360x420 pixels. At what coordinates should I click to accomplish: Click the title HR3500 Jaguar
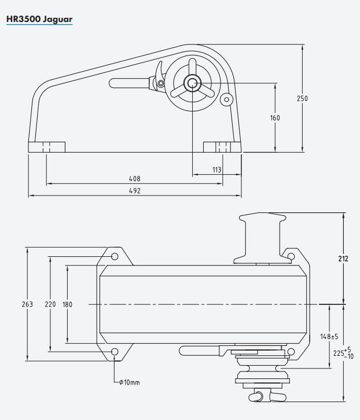pyautogui.click(x=39, y=19)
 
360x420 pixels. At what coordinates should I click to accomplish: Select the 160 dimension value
pyautogui.click(x=275, y=118)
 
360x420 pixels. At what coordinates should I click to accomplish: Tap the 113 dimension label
pyautogui.click(x=217, y=170)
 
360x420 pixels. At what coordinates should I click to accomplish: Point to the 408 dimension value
pyautogui.click(x=134, y=179)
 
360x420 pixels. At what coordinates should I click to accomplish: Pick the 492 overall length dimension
pyautogui.click(x=134, y=191)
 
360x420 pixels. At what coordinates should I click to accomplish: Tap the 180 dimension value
pyautogui.click(x=68, y=304)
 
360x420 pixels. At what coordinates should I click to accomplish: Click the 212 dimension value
pyautogui.click(x=343, y=259)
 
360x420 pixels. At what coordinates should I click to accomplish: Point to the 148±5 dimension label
pyautogui.click(x=329, y=336)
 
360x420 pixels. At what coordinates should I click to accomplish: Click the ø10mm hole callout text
pyautogui.click(x=130, y=382)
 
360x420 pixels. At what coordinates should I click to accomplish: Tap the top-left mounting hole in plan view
pyautogui.click(x=115, y=256)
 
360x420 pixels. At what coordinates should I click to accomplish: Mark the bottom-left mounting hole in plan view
pyautogui.click(x=115, y=352)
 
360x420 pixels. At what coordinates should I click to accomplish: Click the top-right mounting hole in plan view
pyautogui.click(x=291, y=255)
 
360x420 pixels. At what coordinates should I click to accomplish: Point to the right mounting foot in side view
pyautogui.click(x=222, y=147)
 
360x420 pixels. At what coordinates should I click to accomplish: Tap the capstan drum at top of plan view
pyautogui.click(x=262, y=237)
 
